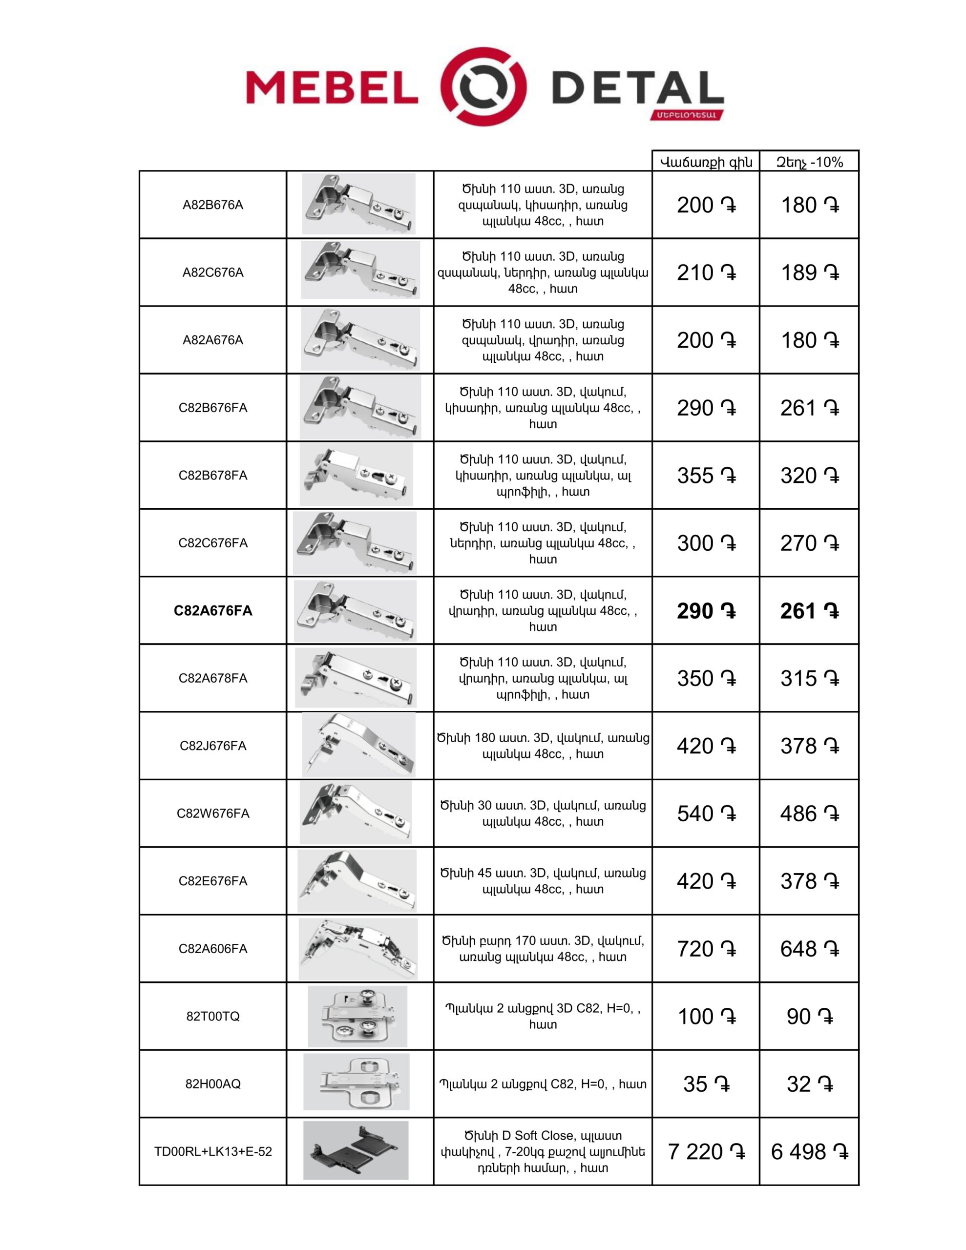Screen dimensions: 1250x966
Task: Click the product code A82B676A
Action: [212, 205]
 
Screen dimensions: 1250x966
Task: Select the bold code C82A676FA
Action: [212, 611]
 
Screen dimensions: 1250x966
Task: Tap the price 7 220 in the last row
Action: [706, 1151]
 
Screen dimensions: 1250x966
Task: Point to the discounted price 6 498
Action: [809, 1151]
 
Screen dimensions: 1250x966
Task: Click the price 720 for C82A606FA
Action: [706, 949]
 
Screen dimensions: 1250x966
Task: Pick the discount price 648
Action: [809, 949]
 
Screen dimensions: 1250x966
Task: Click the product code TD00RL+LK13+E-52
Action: [212, 1151]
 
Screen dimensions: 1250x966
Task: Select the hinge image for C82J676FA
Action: [358, 745]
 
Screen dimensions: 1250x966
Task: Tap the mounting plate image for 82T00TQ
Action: [357, 1016]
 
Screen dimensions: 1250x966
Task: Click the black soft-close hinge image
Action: [356, 1150]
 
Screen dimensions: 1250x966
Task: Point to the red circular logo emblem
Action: [484, 87]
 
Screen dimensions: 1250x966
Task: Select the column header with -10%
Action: [809, 162]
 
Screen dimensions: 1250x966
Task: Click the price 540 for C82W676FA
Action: [706, 813]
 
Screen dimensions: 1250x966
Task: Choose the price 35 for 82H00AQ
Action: [706, 1084]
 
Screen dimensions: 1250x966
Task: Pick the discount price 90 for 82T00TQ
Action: [809, 1017]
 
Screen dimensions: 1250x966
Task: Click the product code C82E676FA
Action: [212, 881]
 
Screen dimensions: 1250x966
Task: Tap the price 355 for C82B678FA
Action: [706, 476]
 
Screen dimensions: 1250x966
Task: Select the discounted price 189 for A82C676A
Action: [809, 272]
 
